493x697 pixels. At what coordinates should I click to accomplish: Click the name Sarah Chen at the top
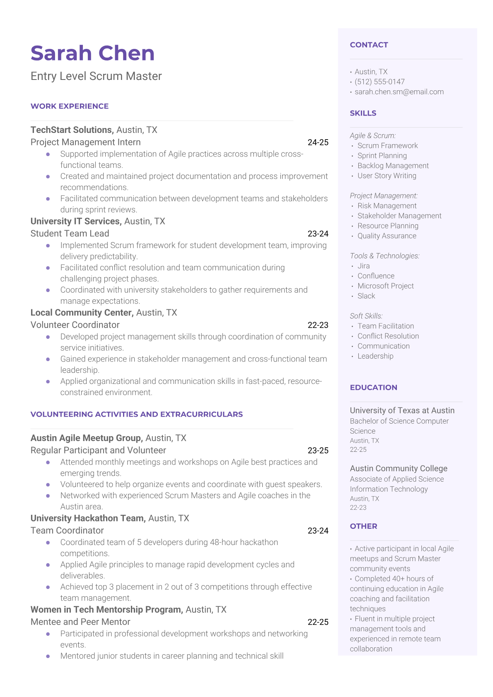[92, 53]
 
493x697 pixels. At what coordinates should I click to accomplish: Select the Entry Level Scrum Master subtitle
[96, 76]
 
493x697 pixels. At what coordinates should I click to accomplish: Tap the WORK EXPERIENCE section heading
[70, 106]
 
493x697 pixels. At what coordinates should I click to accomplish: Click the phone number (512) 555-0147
[379, 82]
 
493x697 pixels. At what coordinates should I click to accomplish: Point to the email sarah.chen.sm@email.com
[399, 92]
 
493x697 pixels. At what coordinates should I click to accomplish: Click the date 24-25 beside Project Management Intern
[318, 142]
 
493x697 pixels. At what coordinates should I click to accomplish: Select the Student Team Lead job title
[70, 234]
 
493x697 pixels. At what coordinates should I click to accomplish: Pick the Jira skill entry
[363, 266]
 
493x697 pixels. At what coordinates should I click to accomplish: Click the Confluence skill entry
[376, 276]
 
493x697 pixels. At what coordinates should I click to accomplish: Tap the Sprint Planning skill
[382, 156]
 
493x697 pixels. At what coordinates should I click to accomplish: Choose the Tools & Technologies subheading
[384, 256]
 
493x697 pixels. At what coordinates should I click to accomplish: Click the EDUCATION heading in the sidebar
[373, 388]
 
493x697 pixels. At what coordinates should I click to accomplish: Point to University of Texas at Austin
[402, 410]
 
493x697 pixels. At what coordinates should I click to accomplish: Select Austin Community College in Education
[399, 468]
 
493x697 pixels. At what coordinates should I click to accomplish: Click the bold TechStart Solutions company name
[72, 130]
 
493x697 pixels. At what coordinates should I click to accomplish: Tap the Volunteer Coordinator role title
[75, 325]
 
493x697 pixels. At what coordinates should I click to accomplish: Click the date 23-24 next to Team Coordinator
[318, 531]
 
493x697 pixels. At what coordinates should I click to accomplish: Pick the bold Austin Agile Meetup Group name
[87, 438]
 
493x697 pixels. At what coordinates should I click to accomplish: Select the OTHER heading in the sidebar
[363, 526]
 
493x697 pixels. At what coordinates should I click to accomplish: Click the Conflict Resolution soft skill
[388, 336]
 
